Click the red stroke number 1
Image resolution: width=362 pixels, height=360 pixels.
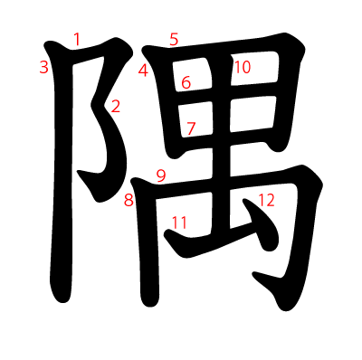click(77, 39)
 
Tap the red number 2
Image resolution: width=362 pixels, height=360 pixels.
click(115, 106)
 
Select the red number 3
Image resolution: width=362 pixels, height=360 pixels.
click(43, 67)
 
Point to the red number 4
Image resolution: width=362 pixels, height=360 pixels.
click(143, 71)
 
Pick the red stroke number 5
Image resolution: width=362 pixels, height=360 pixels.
click(174, 39)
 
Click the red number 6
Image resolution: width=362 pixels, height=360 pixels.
click(186, 82)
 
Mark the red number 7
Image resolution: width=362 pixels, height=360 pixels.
click(191, 128)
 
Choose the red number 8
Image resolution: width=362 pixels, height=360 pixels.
click(129, 200)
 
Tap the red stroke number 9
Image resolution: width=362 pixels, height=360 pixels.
click(161, 175)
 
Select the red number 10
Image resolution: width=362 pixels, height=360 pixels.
click(242, 67)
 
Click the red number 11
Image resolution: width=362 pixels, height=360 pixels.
click(179, 222)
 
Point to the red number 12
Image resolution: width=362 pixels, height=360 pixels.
click(265, 200)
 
